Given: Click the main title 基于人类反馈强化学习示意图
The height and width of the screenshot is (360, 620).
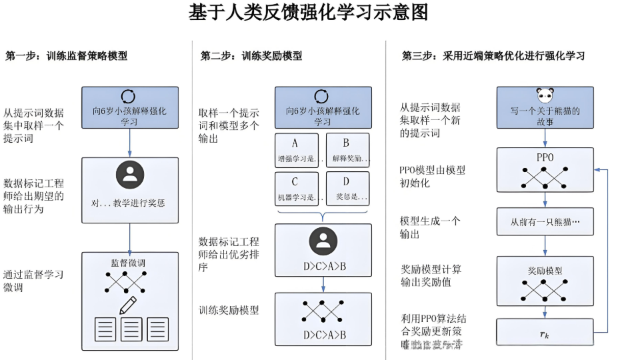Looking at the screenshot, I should click(308, 13).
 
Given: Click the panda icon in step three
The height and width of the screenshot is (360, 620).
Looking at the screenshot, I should click(545, 95).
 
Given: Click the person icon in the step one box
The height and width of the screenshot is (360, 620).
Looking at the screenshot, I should click(129, 175).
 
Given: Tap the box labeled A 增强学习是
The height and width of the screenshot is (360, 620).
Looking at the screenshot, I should click(295, 151).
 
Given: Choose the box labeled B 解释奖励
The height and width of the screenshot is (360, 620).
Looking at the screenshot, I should click(347, 151).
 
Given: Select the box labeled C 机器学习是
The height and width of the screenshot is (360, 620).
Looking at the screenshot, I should click(295, 189).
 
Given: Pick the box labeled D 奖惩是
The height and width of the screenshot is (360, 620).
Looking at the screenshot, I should click(347, 189).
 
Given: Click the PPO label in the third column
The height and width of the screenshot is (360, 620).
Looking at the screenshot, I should click(545, 157).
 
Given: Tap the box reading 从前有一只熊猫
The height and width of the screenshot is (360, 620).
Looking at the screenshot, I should click(545, 222).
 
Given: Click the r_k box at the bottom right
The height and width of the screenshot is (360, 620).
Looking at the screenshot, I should click(545, 333).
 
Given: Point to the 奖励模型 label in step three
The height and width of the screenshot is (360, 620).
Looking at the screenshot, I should click(545, 271).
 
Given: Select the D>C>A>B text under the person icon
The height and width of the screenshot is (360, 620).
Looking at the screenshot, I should click(324, 267).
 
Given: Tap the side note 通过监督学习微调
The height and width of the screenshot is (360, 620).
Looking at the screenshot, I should click(33, 281).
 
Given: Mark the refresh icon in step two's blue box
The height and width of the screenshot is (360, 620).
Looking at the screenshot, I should click(322, 97).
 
